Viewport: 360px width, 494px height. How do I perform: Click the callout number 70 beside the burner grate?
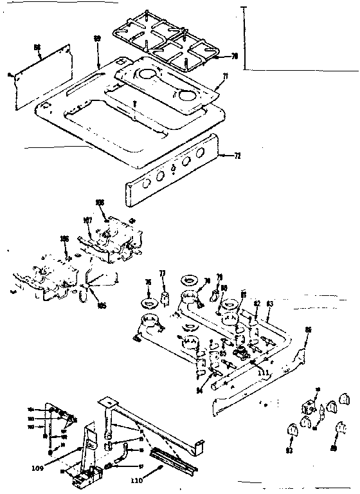[235, 56]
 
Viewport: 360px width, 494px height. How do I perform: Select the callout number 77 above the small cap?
[163, 273]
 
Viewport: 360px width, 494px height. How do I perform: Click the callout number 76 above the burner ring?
[147, 282]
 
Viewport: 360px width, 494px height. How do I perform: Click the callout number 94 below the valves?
[199, 389]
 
